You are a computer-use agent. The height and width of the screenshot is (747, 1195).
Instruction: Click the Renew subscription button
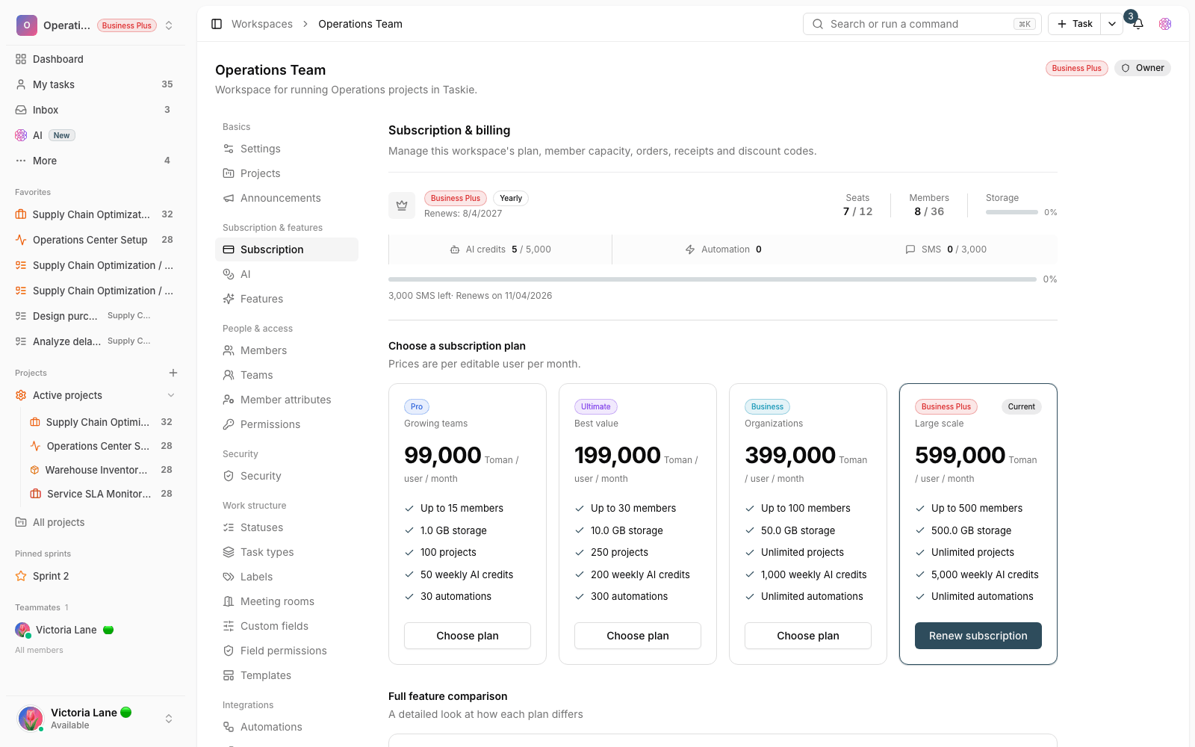[x=978, y=636]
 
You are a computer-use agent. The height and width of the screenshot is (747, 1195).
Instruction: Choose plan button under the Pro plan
[x=468, y=636]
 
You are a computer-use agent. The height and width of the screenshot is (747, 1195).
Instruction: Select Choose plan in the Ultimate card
[x=638, y=636]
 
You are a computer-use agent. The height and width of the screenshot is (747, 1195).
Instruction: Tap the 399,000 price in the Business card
[x=790, y=455]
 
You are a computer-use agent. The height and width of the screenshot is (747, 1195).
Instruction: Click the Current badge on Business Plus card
[x=1021, y=406]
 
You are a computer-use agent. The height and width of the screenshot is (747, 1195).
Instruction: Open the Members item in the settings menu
[x=264, y=350]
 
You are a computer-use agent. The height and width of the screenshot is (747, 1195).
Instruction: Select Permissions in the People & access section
[x=270, y=424]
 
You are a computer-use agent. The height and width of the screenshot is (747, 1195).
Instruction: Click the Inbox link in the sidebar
[x=46, y=110]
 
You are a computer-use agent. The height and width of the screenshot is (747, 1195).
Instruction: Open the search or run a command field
[x=922, y=24]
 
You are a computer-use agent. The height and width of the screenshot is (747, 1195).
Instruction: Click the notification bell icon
[x=1138, y=24]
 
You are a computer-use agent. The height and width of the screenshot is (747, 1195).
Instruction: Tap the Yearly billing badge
[x=511, y=198]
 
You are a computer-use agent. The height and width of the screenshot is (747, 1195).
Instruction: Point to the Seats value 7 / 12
[x=857, y=211]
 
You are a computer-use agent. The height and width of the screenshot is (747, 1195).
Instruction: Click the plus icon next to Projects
[x=173, y=373]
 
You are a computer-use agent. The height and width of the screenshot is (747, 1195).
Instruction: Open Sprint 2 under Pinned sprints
[x=51, y=576]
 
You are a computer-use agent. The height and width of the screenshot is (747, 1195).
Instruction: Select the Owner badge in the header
[x=1143, y=68]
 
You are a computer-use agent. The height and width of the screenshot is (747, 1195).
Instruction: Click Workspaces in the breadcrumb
[x=262, y=24]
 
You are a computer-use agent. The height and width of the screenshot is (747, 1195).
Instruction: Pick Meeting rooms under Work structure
[x=277, y=601]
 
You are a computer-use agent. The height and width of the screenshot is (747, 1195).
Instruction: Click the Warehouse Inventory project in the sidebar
[x=96, y=470]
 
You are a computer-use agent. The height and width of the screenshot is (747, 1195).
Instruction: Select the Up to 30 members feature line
[x=633, y=509]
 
